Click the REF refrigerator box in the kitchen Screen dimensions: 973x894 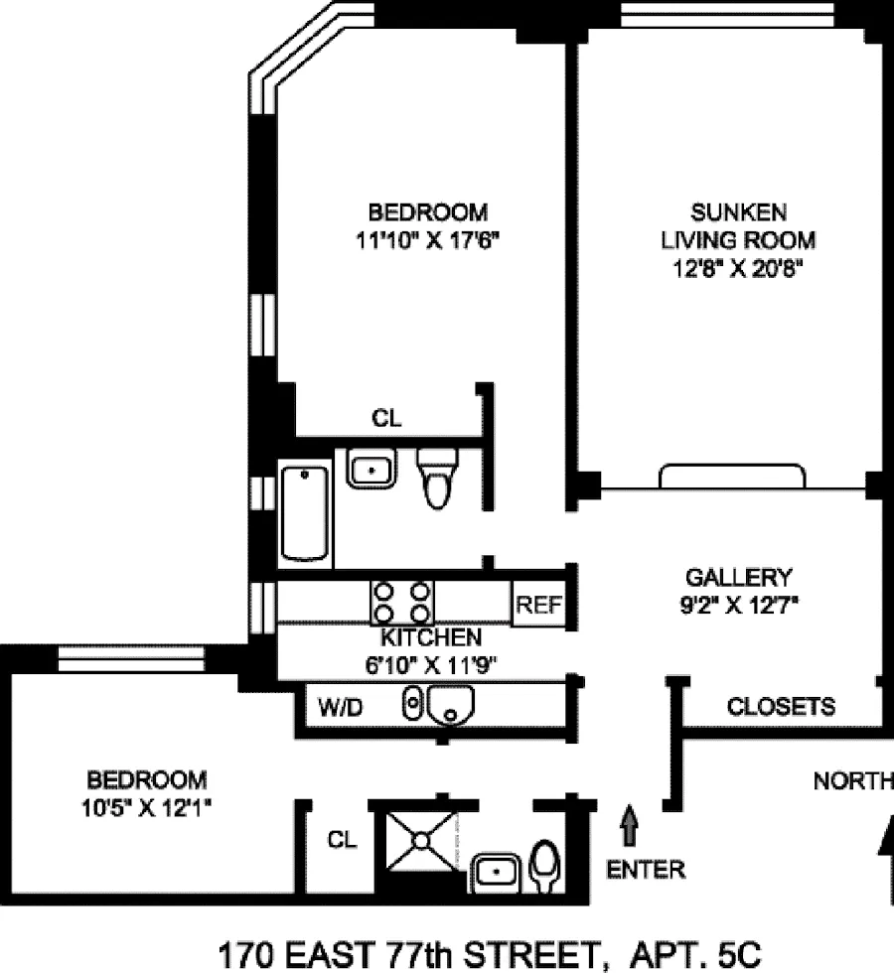click(538, 605)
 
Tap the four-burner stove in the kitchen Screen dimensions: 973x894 click(401, 602)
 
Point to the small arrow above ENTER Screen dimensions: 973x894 click(630, 824)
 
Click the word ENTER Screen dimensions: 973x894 click(646, 871)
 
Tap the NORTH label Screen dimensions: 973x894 click(852, 781)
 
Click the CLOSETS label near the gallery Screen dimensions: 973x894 click(781, 707)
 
